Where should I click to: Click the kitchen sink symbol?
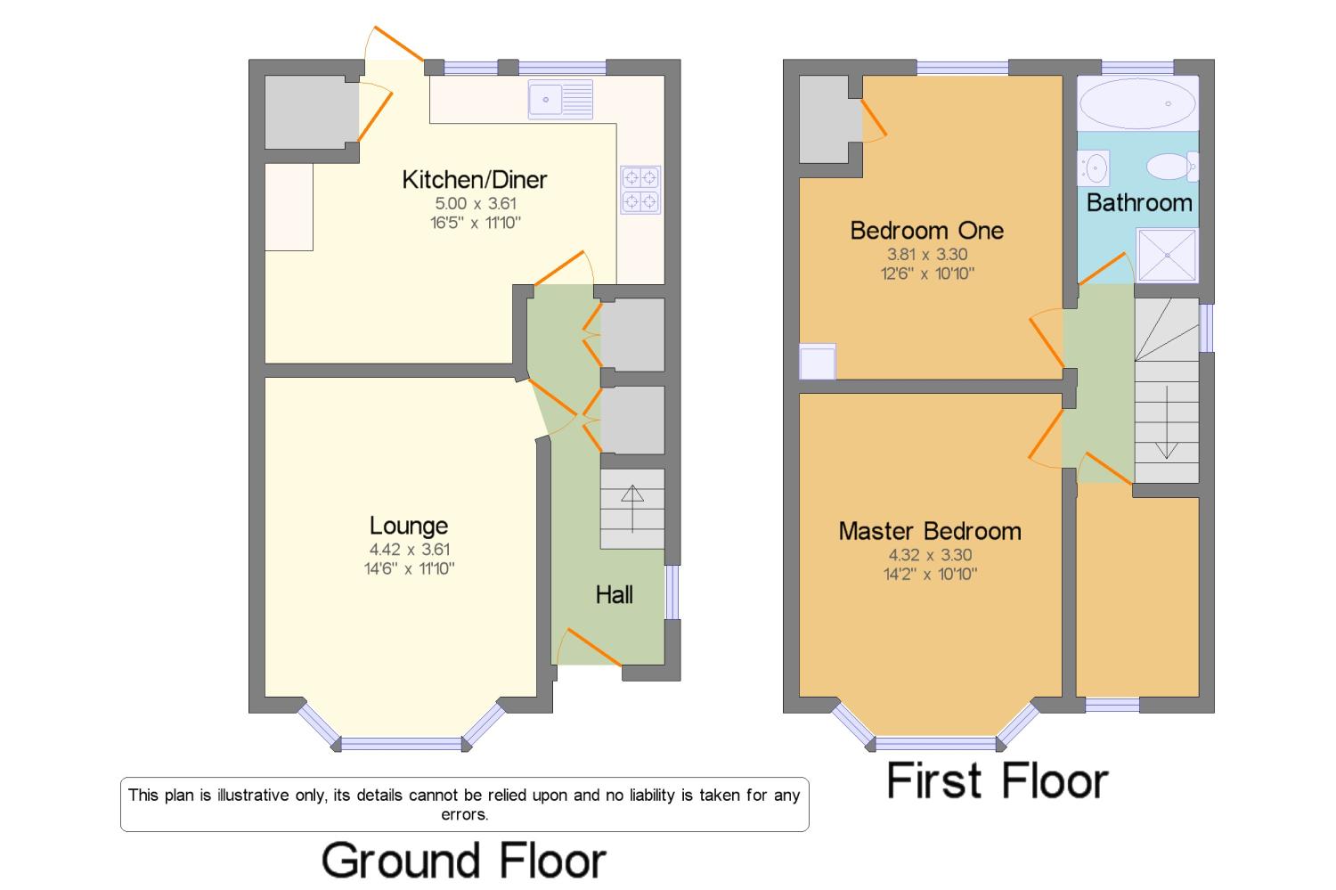[560, 99]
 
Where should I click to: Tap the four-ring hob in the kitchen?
[640, 190]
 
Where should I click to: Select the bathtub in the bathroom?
[1138, 103]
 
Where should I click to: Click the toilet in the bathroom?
[1172, 167]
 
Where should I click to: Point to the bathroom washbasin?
[1093, 168]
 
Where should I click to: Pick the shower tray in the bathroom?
[1167, 255]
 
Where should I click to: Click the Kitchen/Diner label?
[474, 180]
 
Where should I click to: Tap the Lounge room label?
[409, 526]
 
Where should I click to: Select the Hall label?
[615, 595]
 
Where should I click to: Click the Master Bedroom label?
[930, 531]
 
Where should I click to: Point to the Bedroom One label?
[927, 230]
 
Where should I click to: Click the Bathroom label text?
[1139, 203]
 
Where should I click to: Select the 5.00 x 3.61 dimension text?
[476, 203]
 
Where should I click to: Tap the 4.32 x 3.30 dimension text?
[931, 555]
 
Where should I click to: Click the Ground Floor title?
[464, 861]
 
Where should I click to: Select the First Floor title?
[998, 780]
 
